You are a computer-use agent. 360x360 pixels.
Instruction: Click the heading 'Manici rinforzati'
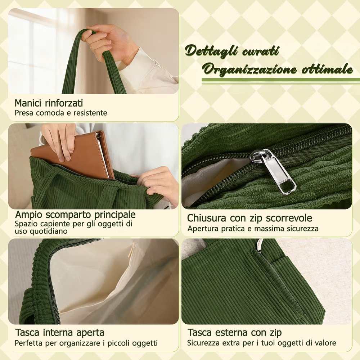pos(49,103)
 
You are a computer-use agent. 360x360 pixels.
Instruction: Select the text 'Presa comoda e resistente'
pos(61,113)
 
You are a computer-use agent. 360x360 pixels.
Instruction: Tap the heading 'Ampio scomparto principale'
pos(75,215)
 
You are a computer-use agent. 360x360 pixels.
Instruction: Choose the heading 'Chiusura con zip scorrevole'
pos(249,218)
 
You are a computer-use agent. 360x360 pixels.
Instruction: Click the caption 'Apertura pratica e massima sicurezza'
pos(253,229)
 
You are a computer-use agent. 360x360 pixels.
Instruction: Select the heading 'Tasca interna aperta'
pos(60,332)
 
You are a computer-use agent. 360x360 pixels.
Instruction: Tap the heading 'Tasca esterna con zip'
pos(235,332)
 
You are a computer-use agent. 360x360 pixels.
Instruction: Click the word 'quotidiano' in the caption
pos(41,231)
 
